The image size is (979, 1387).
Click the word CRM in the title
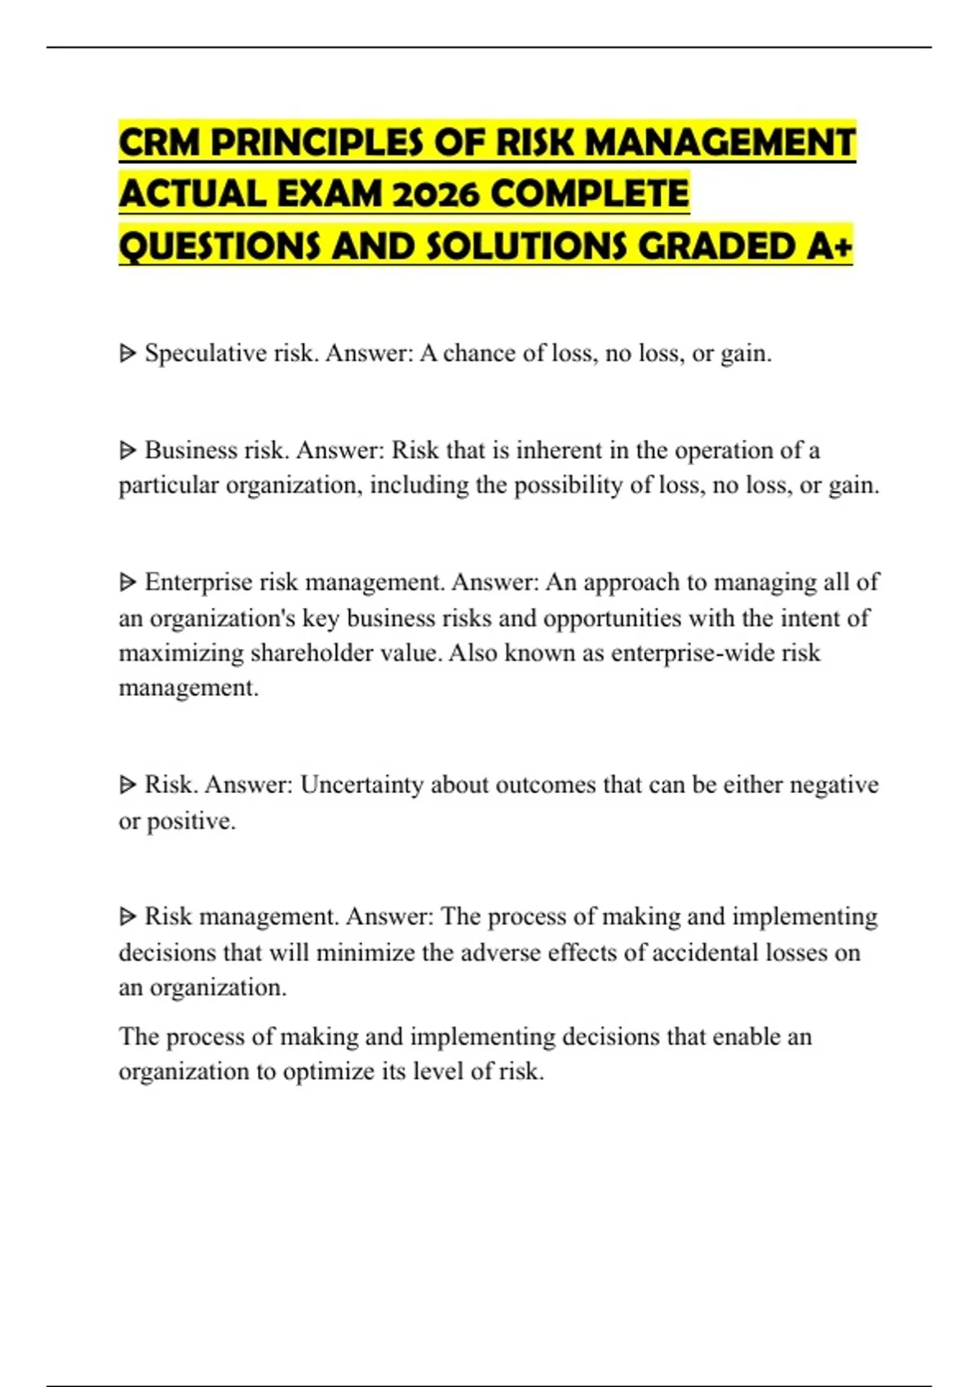(x=160, y=143)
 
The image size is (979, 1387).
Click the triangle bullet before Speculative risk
(x=127, y=353)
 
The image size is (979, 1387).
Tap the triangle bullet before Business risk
(x=127, y=450)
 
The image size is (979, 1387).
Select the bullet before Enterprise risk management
(x=127, y=582)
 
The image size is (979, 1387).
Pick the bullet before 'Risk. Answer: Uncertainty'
(x=127, y=785)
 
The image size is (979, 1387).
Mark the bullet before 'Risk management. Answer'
(x=127, y=916)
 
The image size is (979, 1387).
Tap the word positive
(x=191, y=821)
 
